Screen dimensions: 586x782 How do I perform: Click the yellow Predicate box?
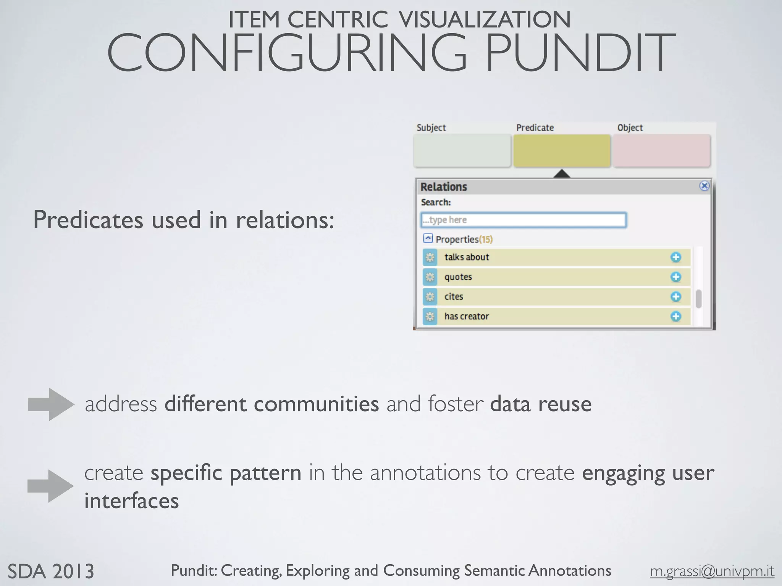562,150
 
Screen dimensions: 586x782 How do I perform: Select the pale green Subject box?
462,150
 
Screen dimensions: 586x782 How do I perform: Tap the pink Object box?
662,150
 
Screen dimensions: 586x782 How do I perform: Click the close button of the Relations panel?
704,186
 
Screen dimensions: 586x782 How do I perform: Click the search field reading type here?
523,220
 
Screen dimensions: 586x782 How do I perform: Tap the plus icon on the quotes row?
676,277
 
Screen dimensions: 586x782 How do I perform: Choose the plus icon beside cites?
676,297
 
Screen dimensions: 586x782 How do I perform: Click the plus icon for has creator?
676,316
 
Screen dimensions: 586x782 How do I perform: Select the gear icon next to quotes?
430,277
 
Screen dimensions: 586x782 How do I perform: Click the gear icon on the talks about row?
430,257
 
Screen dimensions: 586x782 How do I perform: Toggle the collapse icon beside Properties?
428,238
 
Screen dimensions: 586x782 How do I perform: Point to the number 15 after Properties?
486,239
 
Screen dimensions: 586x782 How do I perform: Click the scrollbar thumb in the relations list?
698,299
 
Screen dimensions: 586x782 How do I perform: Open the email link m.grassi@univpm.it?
712,571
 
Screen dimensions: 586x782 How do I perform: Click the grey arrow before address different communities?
51,404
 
